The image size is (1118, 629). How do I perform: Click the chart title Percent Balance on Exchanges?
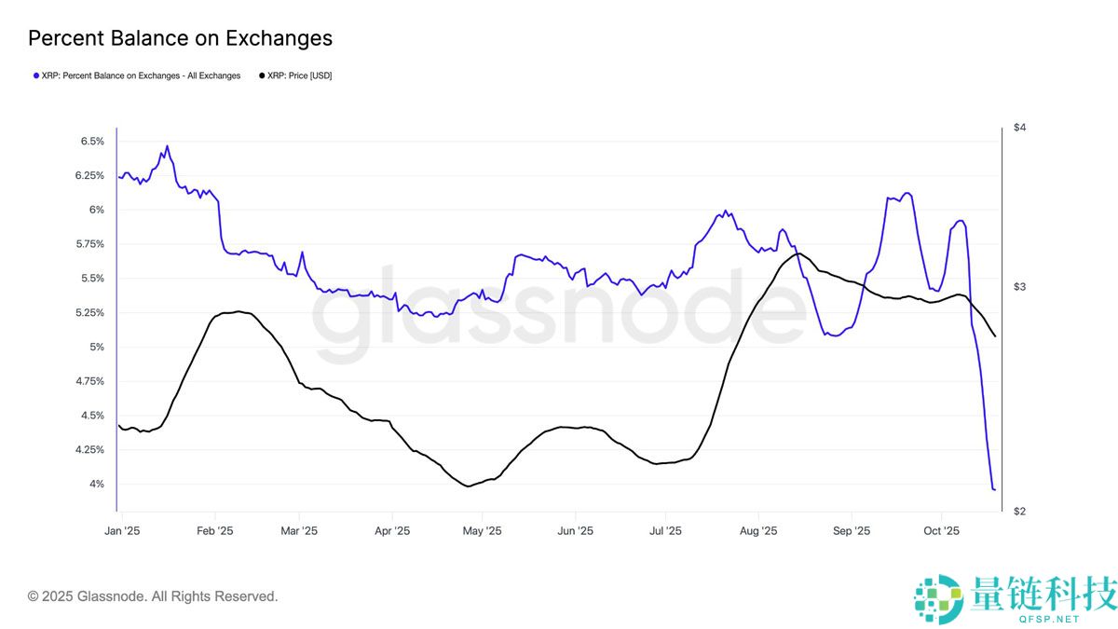coord(180,38)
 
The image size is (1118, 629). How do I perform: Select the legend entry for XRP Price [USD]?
coord(294,75)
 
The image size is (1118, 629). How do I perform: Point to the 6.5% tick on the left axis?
coord(91,142)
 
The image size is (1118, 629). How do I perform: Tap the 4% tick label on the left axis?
coord(96,485)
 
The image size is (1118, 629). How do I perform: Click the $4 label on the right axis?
coord(1019,127)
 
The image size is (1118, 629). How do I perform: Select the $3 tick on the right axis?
coord(1019,286)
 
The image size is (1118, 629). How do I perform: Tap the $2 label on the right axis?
coord(1019,512)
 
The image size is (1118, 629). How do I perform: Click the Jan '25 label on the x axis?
coord(121,531)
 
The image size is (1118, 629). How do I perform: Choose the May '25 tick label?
coord(482,531)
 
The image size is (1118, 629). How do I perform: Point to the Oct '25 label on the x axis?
coord(941,531)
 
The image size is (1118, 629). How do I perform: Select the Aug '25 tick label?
coord(757,531)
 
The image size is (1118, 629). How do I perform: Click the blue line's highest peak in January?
coord(167,146)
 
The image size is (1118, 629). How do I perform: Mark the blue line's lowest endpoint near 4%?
coord(994,489)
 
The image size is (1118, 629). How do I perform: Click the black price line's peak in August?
coord(798,253)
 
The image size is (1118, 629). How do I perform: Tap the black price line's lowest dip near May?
coord(467,485)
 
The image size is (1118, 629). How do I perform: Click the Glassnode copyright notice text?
coord(153,596)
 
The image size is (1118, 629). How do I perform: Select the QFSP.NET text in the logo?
coord(1051,619)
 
